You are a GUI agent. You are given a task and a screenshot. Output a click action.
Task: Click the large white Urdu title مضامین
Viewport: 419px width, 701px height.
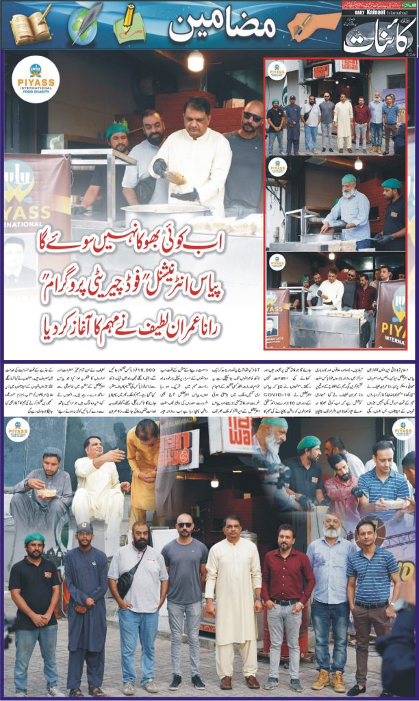tap(223, 27)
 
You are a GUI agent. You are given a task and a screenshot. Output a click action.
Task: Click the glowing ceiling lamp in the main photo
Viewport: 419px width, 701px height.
tap(196, 62)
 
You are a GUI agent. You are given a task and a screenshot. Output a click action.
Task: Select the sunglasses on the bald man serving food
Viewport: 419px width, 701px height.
tap(252, 116)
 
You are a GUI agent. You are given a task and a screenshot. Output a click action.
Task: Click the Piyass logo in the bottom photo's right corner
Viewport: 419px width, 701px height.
tap(403, 429)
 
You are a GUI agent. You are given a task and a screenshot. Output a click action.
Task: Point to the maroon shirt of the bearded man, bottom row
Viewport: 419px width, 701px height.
tap(288, 576)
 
